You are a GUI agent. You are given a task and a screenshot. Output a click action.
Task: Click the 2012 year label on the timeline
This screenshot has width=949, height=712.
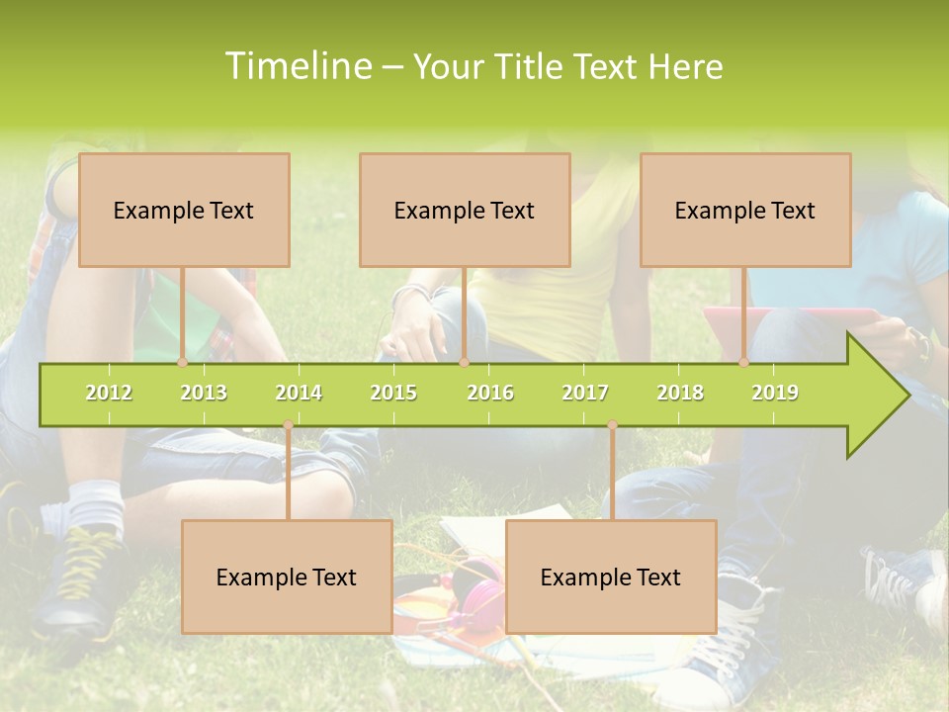[109, 393]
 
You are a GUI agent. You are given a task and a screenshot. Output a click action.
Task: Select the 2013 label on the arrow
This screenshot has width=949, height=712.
[204, 393]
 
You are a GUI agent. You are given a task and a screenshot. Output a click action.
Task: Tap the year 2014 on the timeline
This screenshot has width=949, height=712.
[299, 393]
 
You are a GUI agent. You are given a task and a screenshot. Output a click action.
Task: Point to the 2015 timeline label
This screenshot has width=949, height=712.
[393, 393]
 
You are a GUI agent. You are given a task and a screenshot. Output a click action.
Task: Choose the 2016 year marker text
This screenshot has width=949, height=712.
[490, 393]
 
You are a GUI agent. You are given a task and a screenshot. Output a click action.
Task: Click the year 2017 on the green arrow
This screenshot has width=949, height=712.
[585, 393]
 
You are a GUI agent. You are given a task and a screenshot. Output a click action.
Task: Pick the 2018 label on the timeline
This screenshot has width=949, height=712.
[680, 393]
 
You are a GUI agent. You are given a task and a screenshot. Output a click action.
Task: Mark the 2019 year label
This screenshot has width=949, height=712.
[775, 393]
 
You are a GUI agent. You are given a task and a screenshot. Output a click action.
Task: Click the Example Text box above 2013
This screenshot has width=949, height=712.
[184, 210]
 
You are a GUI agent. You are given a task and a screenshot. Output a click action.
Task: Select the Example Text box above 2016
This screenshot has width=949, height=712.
[465, 210]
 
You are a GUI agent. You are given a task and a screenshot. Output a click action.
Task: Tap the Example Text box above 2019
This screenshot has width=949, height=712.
[745, 210]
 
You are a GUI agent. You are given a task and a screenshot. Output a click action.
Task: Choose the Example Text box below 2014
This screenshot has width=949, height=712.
[287, 577]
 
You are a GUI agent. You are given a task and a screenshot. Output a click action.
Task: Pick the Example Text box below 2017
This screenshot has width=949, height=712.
[611, 577]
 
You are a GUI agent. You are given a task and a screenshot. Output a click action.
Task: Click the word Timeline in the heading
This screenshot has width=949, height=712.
[297, 66]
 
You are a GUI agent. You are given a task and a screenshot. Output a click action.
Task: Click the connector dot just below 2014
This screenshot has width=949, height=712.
[288, 425]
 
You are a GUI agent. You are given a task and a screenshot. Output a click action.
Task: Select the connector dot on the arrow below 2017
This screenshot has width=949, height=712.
[612, 425]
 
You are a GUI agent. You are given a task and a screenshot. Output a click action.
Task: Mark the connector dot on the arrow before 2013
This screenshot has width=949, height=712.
[183, 363]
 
